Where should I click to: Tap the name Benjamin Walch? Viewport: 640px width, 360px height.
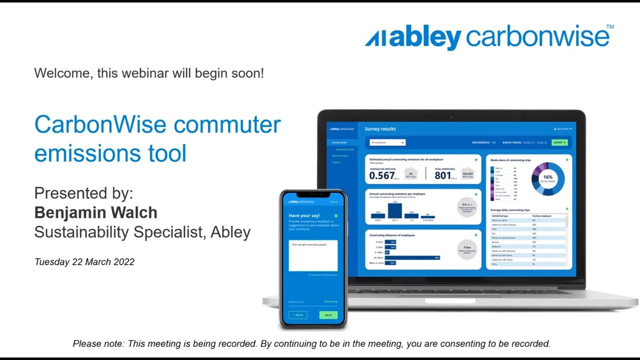click(x=95, y=212)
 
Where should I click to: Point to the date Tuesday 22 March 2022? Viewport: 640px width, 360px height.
click(x=84, y=262)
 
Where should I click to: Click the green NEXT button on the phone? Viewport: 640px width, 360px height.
click(x=328, y=315)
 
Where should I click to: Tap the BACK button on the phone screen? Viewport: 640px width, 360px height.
click(x=298, y=315)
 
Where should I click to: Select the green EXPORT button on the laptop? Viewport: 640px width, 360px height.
click(x=559, y=142)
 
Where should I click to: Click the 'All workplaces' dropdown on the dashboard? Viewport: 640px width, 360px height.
click(x=387, y=142)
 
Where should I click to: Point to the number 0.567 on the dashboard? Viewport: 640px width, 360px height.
click(x=382, y=175)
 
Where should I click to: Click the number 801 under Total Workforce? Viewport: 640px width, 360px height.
click(x=442, y=175)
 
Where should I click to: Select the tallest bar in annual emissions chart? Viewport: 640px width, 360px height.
click(x=395, y=210)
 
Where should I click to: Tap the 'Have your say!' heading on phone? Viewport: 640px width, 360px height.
click(x=304, y=216)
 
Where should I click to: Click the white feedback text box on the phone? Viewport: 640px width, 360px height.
click(x=313, y=255)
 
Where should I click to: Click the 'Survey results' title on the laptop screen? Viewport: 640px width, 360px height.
click(x=380, y=129)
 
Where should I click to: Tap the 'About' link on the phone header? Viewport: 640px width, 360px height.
click(x=333, y=202)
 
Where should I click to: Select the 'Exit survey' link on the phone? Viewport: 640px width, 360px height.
click(x=330, y=301)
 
